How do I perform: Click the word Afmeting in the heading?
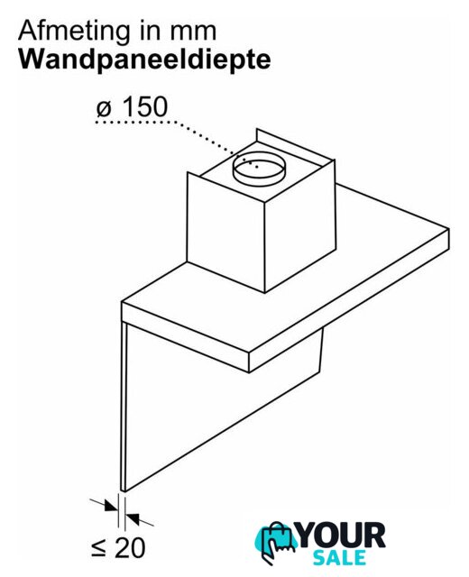(73, 32)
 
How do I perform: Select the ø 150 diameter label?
(132, 107)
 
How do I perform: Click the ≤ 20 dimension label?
(117, 548)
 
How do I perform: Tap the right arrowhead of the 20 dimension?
(133, 518)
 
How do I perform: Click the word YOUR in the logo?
(342, 536)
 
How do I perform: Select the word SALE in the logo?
(339, 558)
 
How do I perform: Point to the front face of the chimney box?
(225, 233)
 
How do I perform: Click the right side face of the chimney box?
(300, 225)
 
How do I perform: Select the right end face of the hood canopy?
(349, 300)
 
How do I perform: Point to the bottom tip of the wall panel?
(124, 490)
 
